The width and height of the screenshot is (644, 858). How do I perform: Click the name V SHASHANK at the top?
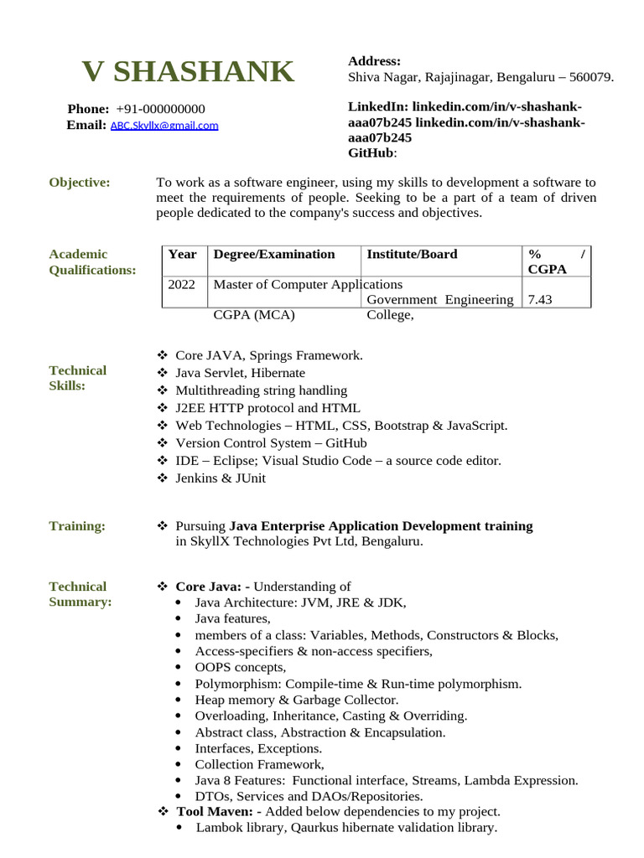(188, 72)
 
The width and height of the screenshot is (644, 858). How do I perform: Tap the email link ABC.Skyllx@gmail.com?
(164, 126)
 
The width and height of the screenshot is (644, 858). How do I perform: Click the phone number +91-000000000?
(160, 109)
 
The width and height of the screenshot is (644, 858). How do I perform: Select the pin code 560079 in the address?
(590, 77)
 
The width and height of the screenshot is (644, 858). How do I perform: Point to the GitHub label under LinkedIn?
(370, 153)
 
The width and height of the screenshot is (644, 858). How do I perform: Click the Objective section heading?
(80, 183)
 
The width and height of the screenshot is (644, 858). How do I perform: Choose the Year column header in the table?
(182, 255)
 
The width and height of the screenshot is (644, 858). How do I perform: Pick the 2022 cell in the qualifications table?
(181, 285)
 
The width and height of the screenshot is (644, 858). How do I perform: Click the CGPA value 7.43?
(540, 300)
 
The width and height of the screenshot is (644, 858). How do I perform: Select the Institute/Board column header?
(412, 255)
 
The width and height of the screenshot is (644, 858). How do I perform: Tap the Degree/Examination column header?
(274, 255)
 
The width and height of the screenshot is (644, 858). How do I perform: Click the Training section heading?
(77, 526)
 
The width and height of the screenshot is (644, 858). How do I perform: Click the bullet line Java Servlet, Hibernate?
(240, 373)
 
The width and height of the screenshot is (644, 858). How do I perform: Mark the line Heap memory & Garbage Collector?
(296, 700)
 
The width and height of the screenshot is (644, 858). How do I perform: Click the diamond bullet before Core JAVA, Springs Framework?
(163, 355)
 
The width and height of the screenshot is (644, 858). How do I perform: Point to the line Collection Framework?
(259, 764)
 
